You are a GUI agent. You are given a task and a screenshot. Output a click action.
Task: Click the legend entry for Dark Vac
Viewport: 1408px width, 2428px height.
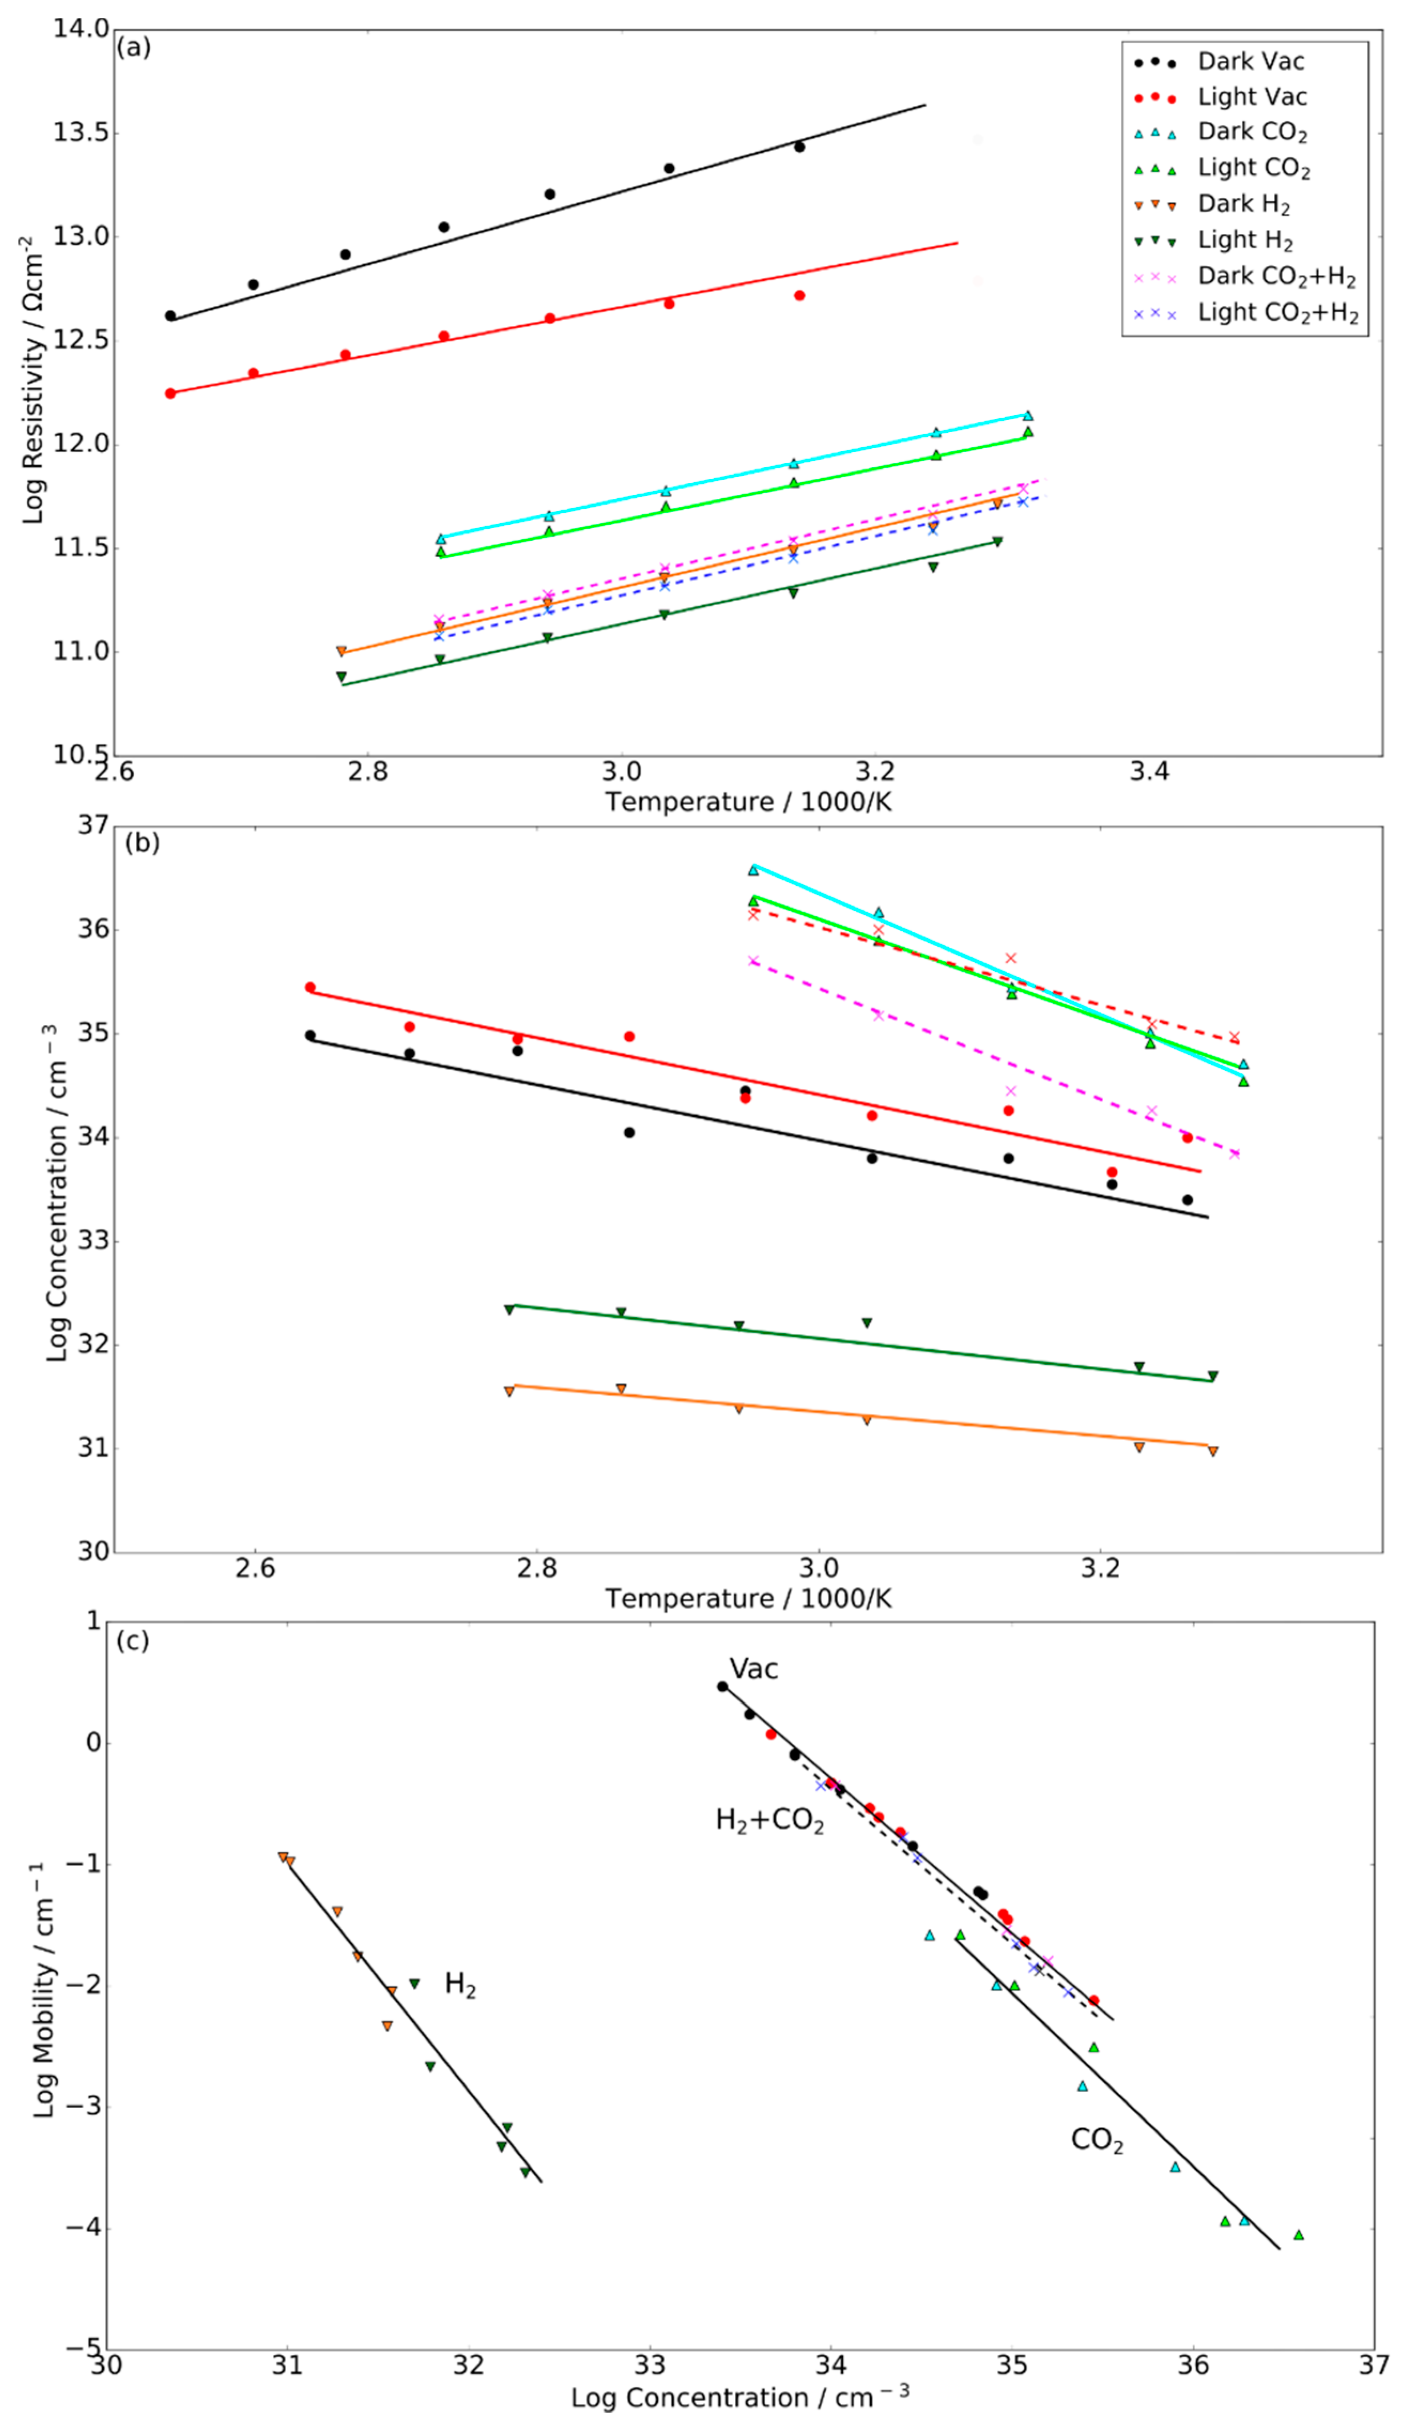click(1250, 61)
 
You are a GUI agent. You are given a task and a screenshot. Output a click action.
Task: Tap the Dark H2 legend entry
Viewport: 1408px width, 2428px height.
click(1243, 204)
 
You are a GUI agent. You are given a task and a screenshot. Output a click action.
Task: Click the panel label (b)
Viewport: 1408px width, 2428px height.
click(142, 843)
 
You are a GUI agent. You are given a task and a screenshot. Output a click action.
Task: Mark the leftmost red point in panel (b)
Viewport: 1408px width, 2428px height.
click(310, 987)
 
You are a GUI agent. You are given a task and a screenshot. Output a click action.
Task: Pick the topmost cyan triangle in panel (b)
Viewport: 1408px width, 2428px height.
click(753, 870)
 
